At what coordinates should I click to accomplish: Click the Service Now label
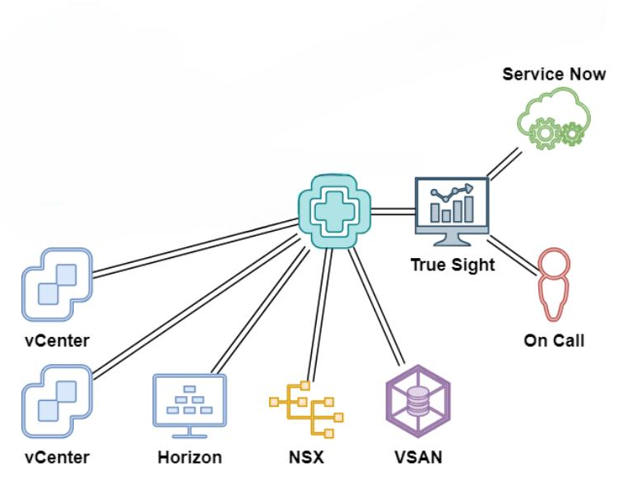(x=554, y=74)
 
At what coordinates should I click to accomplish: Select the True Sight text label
(x=453, y=265)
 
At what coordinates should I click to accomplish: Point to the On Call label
(x=554, y=340)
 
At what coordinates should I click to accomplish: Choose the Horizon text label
(x=190, y=457)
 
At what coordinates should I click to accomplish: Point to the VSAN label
(x=418, y=457)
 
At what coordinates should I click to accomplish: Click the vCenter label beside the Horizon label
(x=56, y=457)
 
